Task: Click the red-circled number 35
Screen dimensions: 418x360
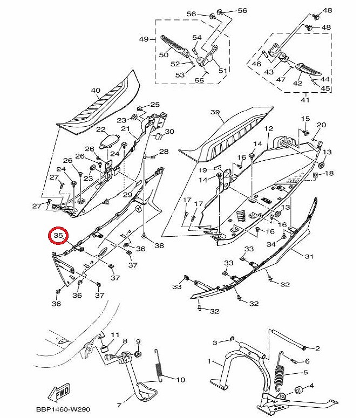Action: [x=59, y=236]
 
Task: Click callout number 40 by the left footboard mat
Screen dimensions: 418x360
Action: [x=95, y=90]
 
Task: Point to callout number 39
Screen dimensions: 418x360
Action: [x=215, y=112]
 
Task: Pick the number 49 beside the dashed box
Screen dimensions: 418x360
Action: [x=144, y=39]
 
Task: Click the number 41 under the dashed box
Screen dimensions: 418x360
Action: [x=305, y=100]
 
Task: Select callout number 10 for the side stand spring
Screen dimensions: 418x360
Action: [x=180, y=379]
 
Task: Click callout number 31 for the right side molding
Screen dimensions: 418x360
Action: [x=309, y=256]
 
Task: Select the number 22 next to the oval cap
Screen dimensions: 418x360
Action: [x=100, y=129]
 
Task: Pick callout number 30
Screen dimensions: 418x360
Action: [x=169, y=132]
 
